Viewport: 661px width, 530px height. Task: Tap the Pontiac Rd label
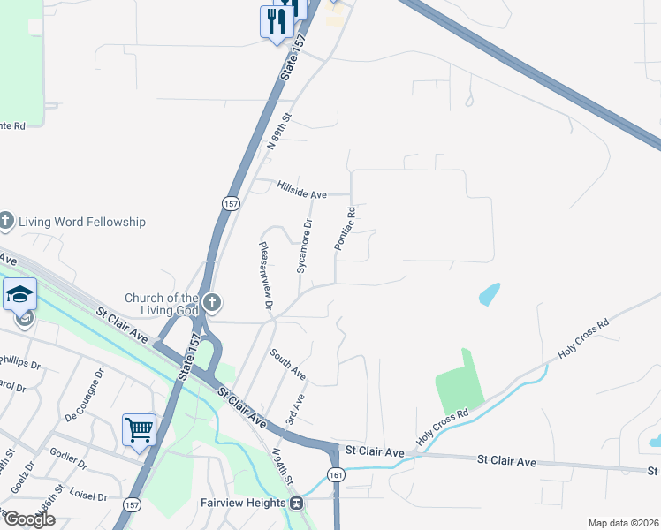tap(345, 228)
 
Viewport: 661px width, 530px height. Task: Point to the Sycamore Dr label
tap(305, 246)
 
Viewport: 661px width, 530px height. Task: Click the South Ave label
tap(288, 364)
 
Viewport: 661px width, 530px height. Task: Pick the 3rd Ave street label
tap(295, 409)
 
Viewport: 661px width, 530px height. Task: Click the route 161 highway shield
tap(336, 475)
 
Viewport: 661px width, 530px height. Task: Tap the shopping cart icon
tap(140, 429)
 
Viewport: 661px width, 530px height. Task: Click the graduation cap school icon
tap(19, 294)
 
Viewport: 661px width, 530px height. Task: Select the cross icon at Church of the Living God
tap(211, 303)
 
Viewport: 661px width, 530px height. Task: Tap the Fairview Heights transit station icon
tap(297, 503)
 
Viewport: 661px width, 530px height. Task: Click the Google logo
tap(28, 519)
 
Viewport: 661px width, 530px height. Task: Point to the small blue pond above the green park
tap(489, 294)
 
